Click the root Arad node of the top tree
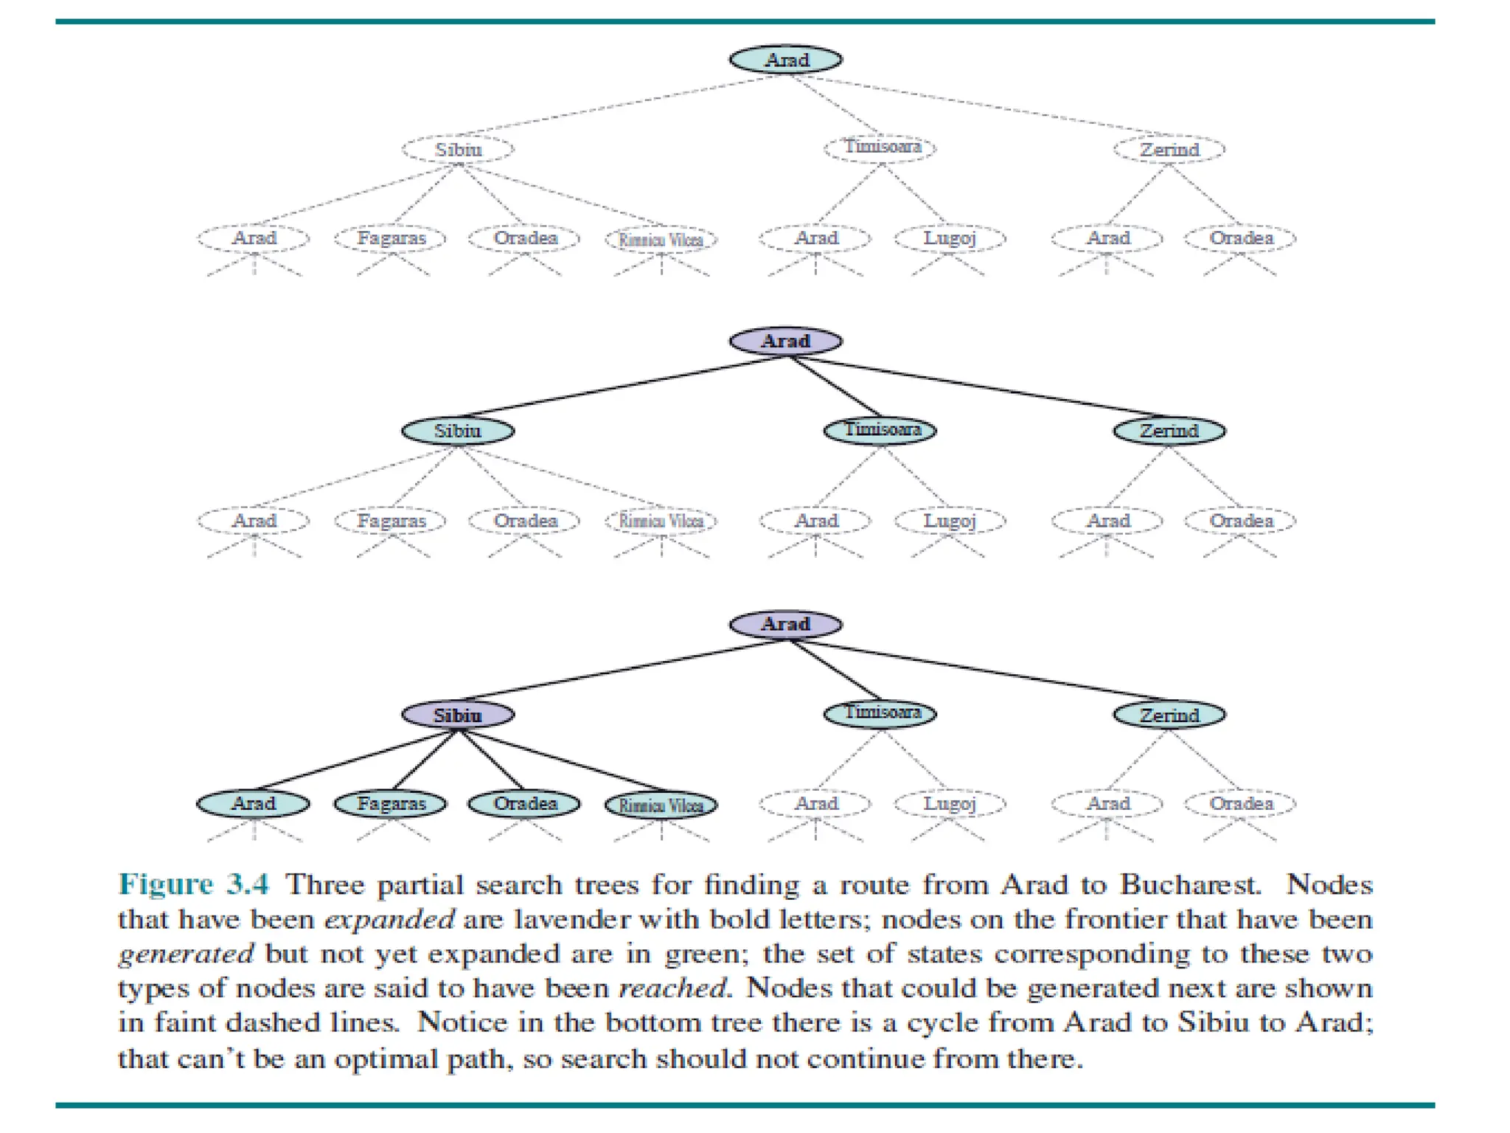tap(785, 60)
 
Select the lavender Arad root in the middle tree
tap(785, 341)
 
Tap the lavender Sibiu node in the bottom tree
tap(458, 715)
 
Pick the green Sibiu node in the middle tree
tap(458, 431)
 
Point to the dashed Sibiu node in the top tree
tap(458, 150)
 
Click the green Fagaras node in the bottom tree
tap(391, 803)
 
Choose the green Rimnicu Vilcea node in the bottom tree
tap(661, 805)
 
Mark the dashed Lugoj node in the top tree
tap(950, 238)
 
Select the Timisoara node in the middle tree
tap(880, 430)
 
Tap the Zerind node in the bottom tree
tap(1169, 715)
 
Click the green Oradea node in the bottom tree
tap(525, 803)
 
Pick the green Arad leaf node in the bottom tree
tap(254, 803)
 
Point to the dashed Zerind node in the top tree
tap(1169, 150)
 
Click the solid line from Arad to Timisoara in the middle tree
tap(835, 387)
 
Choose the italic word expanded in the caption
tap(389, 920)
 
